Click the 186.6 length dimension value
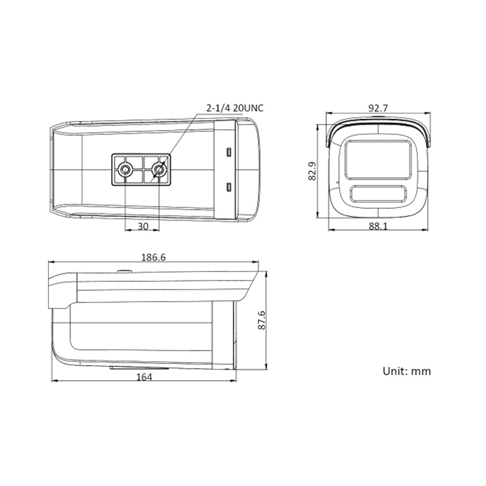(x=154, y=257)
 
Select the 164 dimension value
(x=145, y=377)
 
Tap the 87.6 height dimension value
(x=262, y=320)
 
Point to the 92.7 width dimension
(x=378, y=108)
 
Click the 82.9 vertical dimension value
(x=312, y=171)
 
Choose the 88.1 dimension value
(x=378, y=226)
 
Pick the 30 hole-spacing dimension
(x=143, y=226)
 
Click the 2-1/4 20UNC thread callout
(x=235, y=108)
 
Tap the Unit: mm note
(x=406, y=371)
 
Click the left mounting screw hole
(x=126, y=169)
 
